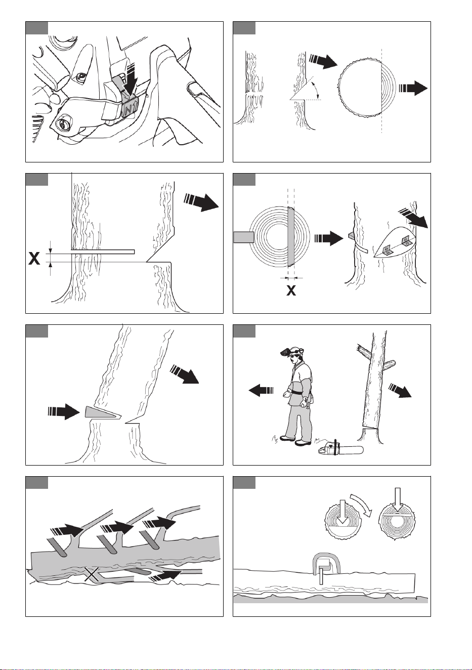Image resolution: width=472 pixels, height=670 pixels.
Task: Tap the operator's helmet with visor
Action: (291, 352)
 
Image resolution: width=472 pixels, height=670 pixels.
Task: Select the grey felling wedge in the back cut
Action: (103, 412)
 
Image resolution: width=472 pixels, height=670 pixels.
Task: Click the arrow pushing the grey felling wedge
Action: (64, 412)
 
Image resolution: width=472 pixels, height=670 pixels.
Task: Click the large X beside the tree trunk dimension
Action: (34, 258)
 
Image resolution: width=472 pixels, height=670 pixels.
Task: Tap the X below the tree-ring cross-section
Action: (291, 290)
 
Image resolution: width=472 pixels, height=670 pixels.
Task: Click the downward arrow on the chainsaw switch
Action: (131, 79)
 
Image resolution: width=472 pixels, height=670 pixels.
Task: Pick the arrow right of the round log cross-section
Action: (413, 88)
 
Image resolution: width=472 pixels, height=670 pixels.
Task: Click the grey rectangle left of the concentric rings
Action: (243, 237)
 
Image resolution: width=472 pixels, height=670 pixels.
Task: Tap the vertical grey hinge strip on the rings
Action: (291, 236)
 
